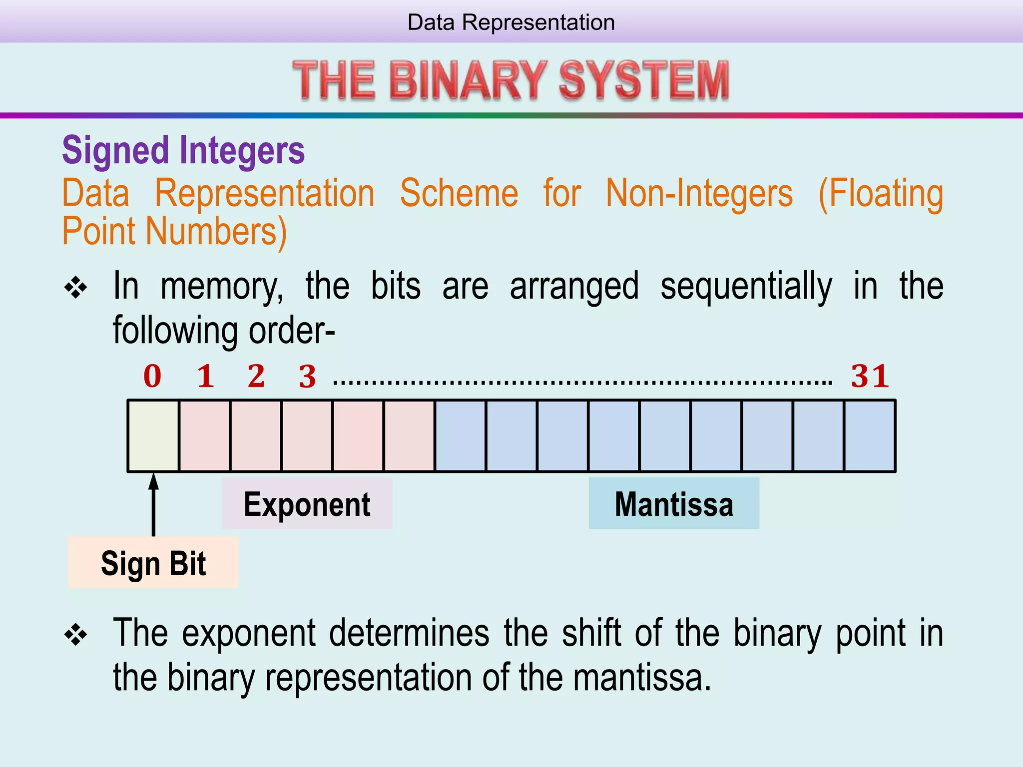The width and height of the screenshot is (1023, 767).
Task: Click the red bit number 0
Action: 152,376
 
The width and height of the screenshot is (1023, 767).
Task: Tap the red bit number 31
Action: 870,376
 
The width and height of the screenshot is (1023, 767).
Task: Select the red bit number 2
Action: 256,376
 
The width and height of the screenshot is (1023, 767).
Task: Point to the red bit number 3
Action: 307,377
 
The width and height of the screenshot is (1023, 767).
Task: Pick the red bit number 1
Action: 205,376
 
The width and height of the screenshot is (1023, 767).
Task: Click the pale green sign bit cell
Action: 153,435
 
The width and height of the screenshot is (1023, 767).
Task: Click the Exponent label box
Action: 307,503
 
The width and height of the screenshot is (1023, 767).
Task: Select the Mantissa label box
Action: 673,503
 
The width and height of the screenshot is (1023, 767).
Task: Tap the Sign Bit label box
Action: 153,563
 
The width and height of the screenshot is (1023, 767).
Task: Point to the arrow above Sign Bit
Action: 153,504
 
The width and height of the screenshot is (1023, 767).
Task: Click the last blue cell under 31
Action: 870,435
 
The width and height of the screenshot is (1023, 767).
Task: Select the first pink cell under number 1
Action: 205,435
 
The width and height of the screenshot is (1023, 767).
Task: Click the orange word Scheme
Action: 459,193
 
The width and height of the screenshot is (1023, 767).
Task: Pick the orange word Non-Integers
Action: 699,193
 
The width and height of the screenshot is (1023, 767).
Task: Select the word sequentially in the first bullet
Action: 746,286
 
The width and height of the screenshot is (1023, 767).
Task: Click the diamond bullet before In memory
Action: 76,288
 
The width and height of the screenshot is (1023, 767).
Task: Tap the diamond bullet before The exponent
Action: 76,635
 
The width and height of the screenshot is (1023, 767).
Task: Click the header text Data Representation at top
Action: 511,22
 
